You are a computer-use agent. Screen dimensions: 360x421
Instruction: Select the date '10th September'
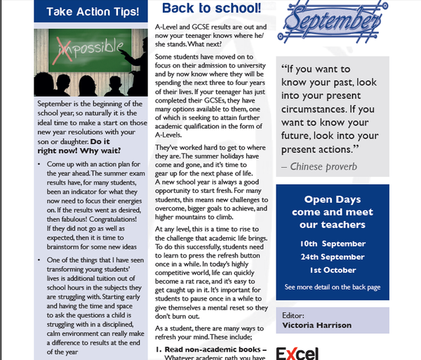(333, 243)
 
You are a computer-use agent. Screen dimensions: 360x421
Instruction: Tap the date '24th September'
(333, 256)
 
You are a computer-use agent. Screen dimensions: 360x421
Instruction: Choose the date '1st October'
(333, 269)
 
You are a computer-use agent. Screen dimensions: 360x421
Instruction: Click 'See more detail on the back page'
(333, 287)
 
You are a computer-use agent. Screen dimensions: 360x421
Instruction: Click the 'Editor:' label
(293, 314)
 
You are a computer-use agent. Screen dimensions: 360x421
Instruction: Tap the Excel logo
(297, 352)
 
